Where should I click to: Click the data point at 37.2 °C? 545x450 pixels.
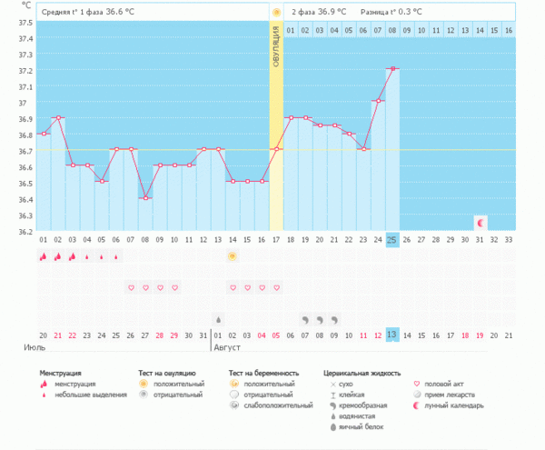(392, 68)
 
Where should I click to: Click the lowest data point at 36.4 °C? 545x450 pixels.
(145, 198)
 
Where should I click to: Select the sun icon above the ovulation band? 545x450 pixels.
(276, 12)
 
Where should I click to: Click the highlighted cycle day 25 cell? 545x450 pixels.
(392, 239)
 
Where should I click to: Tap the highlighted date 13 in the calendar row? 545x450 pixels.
(392, 335)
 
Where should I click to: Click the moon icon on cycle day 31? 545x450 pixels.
(480, 222)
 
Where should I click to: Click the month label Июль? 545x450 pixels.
(34, 347)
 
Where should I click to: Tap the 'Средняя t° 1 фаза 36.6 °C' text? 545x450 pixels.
(93, 12)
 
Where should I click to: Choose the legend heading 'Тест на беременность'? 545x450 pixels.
(263, 373)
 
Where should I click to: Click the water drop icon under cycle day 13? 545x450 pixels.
(218, 319)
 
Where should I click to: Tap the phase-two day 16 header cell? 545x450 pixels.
(509, 30)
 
